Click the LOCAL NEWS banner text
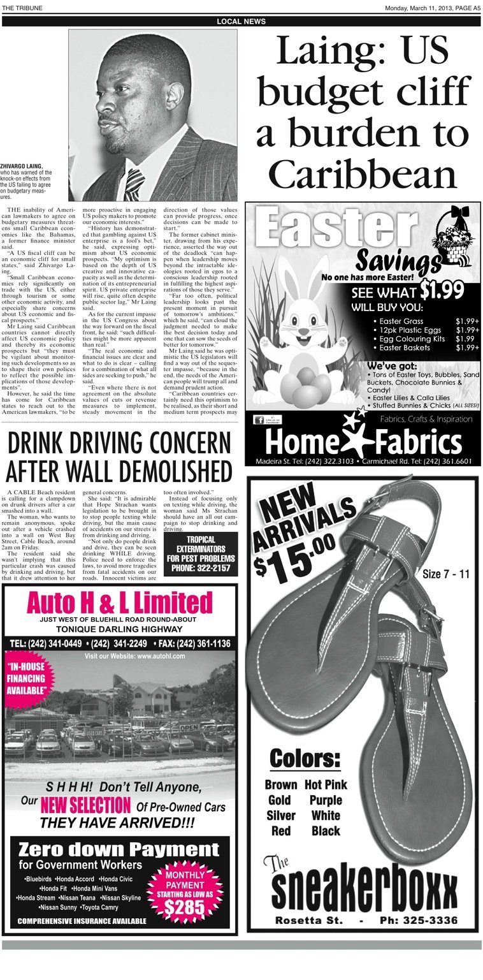pos(241,22)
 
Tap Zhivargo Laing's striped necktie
pos(133,185)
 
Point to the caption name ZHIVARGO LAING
pos(22,166)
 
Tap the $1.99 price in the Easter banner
pos(442,290)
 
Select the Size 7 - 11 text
pos(446,574)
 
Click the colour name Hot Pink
pos(326,785)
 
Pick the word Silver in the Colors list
pos(280,815)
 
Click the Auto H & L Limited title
pos(120,603)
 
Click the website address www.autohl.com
pos(161,656)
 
